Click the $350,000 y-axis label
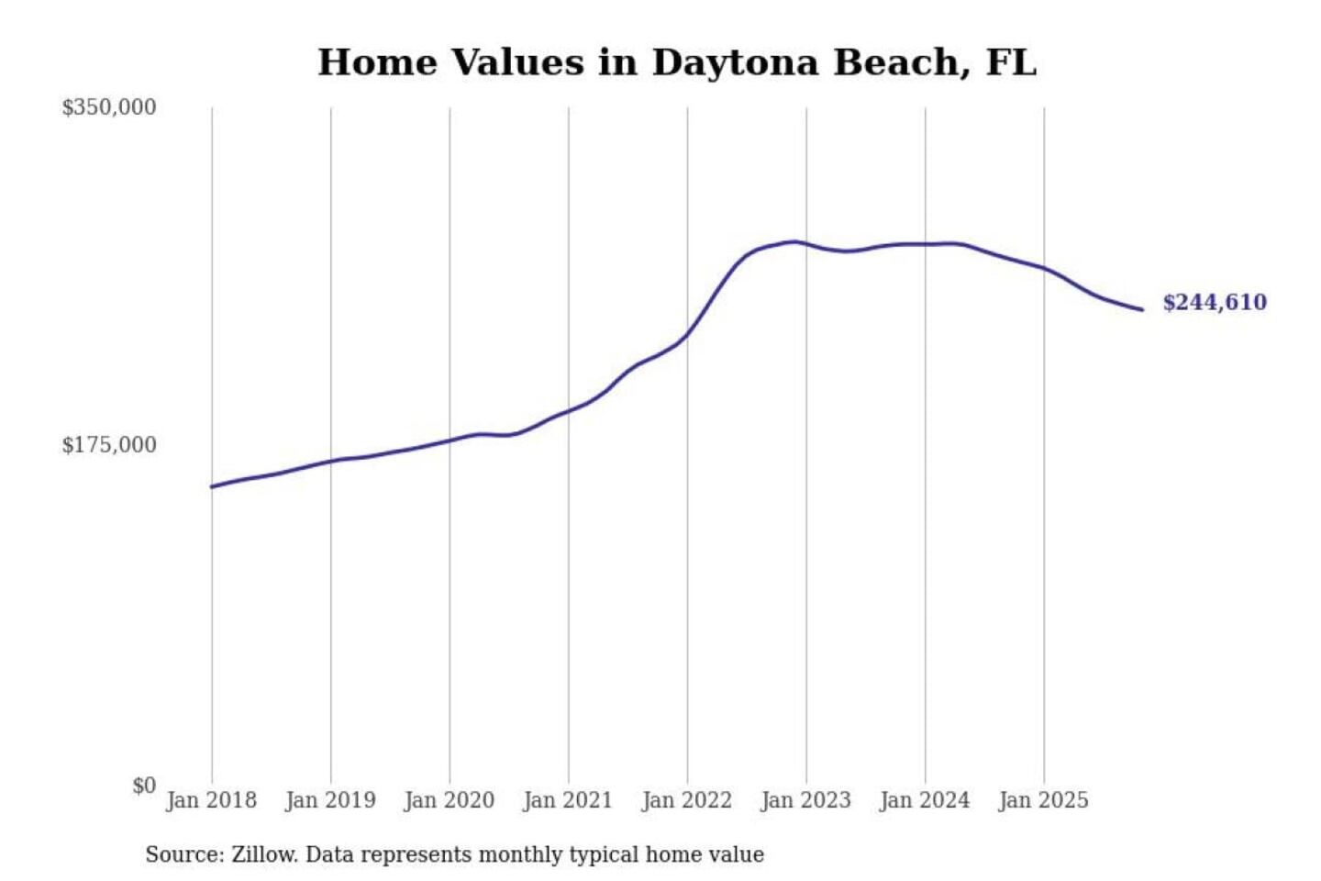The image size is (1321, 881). [108, 107]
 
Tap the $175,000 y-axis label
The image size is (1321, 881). [108, 445]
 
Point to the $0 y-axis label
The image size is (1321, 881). [144, 786]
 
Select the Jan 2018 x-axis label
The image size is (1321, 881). [211, 800]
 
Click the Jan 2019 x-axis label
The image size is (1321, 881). [330, 800]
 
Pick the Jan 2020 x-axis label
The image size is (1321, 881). [449, 800]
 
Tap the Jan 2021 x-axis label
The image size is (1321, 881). [567, 800]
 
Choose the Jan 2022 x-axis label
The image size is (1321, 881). [686, 800]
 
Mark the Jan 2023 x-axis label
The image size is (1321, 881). [805, 800]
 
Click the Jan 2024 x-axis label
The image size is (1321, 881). [924, 800]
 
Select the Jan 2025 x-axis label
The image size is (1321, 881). [1043, 800]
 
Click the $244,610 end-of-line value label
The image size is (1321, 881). [1214, 303]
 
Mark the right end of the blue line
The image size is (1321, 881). [1142, 309]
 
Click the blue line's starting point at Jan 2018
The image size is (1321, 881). [212, 486]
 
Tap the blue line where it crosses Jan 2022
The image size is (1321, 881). [687, 334]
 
